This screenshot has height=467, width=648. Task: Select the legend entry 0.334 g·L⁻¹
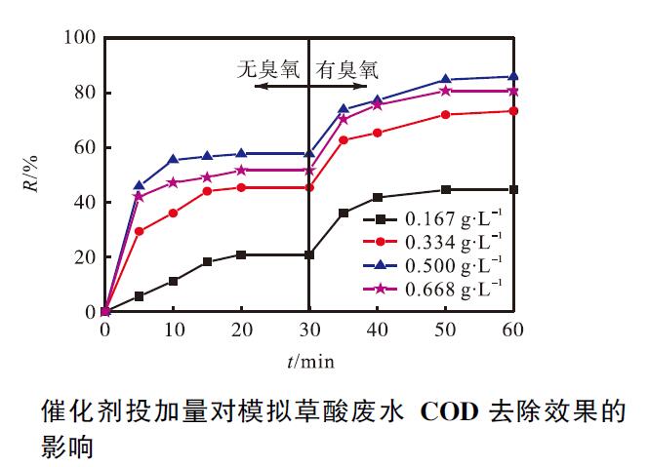(x=453, y=240)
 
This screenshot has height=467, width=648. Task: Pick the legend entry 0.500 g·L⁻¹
(x=453, y=262)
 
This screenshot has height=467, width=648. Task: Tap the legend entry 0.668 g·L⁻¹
(x=453, y=286)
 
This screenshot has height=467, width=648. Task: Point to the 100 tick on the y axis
(x=79, y=38)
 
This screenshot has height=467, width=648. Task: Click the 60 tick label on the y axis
(x=83, y=148)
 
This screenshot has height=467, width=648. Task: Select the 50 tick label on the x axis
(x=446, y=330)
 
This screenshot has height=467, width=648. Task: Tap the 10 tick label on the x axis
(x=173, y=330)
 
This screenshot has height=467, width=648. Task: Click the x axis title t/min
(x=310, y=361)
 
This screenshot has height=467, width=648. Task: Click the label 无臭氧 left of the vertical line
(x=270, y=68)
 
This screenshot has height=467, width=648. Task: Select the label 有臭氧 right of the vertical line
(x=347, y=68)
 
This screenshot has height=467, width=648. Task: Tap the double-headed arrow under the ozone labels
(x=309, y=87)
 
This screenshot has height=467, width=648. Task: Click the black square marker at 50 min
(x=446, y=189)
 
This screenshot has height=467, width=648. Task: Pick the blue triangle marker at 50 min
(x=446, y=79)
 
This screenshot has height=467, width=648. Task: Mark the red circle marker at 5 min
(x=139, y=231)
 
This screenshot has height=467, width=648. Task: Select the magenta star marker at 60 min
(x=514, y=91)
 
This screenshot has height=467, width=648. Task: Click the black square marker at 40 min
(x=378, y=197)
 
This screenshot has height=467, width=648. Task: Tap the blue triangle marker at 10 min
(x=173, y=159)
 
